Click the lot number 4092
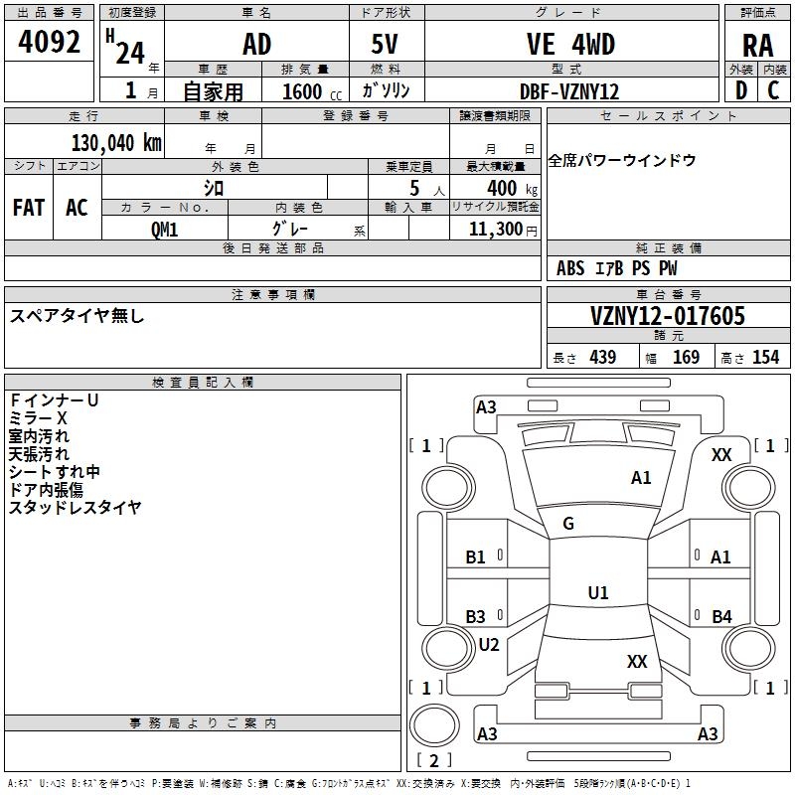[49, 42]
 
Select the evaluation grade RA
[757, 46]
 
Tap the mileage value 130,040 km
[116, 143]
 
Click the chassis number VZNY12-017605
[668, 315]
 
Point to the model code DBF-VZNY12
[569, 91]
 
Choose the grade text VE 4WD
[570, 44]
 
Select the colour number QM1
[164, 230]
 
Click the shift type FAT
[29, 208]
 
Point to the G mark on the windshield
[568, 523]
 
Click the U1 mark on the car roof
[598, 592]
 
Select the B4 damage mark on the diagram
[721, 616]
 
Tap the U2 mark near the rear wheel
[489, 644]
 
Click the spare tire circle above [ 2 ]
[434, 725]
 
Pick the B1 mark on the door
[476, 557]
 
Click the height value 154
[765, 357]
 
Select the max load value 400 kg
[512, 188]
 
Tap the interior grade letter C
[774, 90]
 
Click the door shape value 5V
[385, 44]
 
